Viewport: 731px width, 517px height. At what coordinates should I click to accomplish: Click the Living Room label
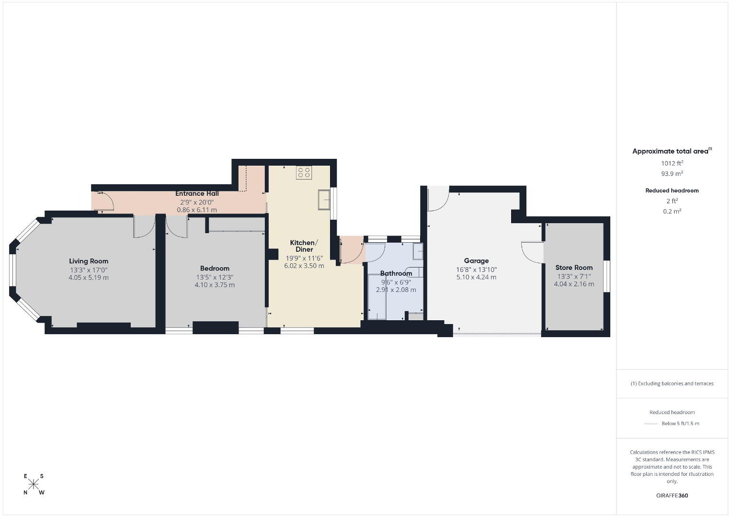point(89,261)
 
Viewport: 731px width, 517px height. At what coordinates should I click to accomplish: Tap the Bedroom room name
point(215,268)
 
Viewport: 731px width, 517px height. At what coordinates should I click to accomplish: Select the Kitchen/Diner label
point(304,246)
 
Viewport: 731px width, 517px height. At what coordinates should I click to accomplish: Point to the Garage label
point(477,260)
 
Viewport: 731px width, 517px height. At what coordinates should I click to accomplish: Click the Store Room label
point(574,268)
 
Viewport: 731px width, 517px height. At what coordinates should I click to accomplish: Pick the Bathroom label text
point(396,273)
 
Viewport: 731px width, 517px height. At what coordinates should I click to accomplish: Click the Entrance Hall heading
point(197,193)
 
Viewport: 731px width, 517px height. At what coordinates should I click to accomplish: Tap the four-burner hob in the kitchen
point(304,172)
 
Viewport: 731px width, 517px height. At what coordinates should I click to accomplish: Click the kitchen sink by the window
point(324,199)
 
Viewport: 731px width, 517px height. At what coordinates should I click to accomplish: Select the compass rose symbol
point(34,484)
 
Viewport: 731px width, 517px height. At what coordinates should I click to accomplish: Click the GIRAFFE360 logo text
point(672,495)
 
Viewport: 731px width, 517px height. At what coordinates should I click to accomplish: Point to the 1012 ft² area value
point(672,163)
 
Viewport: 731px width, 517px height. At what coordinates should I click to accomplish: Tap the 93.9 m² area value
point(672,173)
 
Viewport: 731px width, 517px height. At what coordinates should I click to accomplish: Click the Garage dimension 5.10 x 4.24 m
point(477,277)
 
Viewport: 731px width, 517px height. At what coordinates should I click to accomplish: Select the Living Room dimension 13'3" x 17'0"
point(89,270)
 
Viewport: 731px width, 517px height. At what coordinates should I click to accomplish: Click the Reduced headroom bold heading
point(672,191)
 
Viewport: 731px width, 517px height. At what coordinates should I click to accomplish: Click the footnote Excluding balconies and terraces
point(672,383)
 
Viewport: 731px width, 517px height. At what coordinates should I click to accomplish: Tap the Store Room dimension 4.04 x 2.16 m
point(574,284)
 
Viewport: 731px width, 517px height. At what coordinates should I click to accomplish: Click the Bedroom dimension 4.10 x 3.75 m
point(215,285)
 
